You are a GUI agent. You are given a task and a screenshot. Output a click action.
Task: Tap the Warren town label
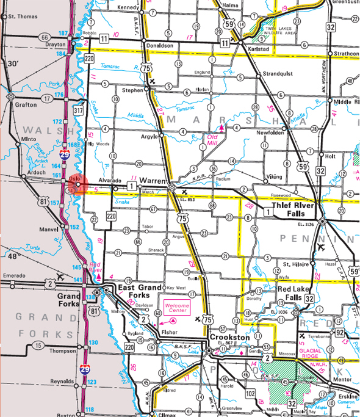[154, 181]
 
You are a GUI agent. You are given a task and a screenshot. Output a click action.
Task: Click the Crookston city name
[230, 336]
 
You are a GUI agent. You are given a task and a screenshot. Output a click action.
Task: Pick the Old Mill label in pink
[211, 142]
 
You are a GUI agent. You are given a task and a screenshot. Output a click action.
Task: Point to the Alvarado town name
[109, 181]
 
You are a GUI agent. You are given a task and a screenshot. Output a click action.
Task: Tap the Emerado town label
[15, 275]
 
